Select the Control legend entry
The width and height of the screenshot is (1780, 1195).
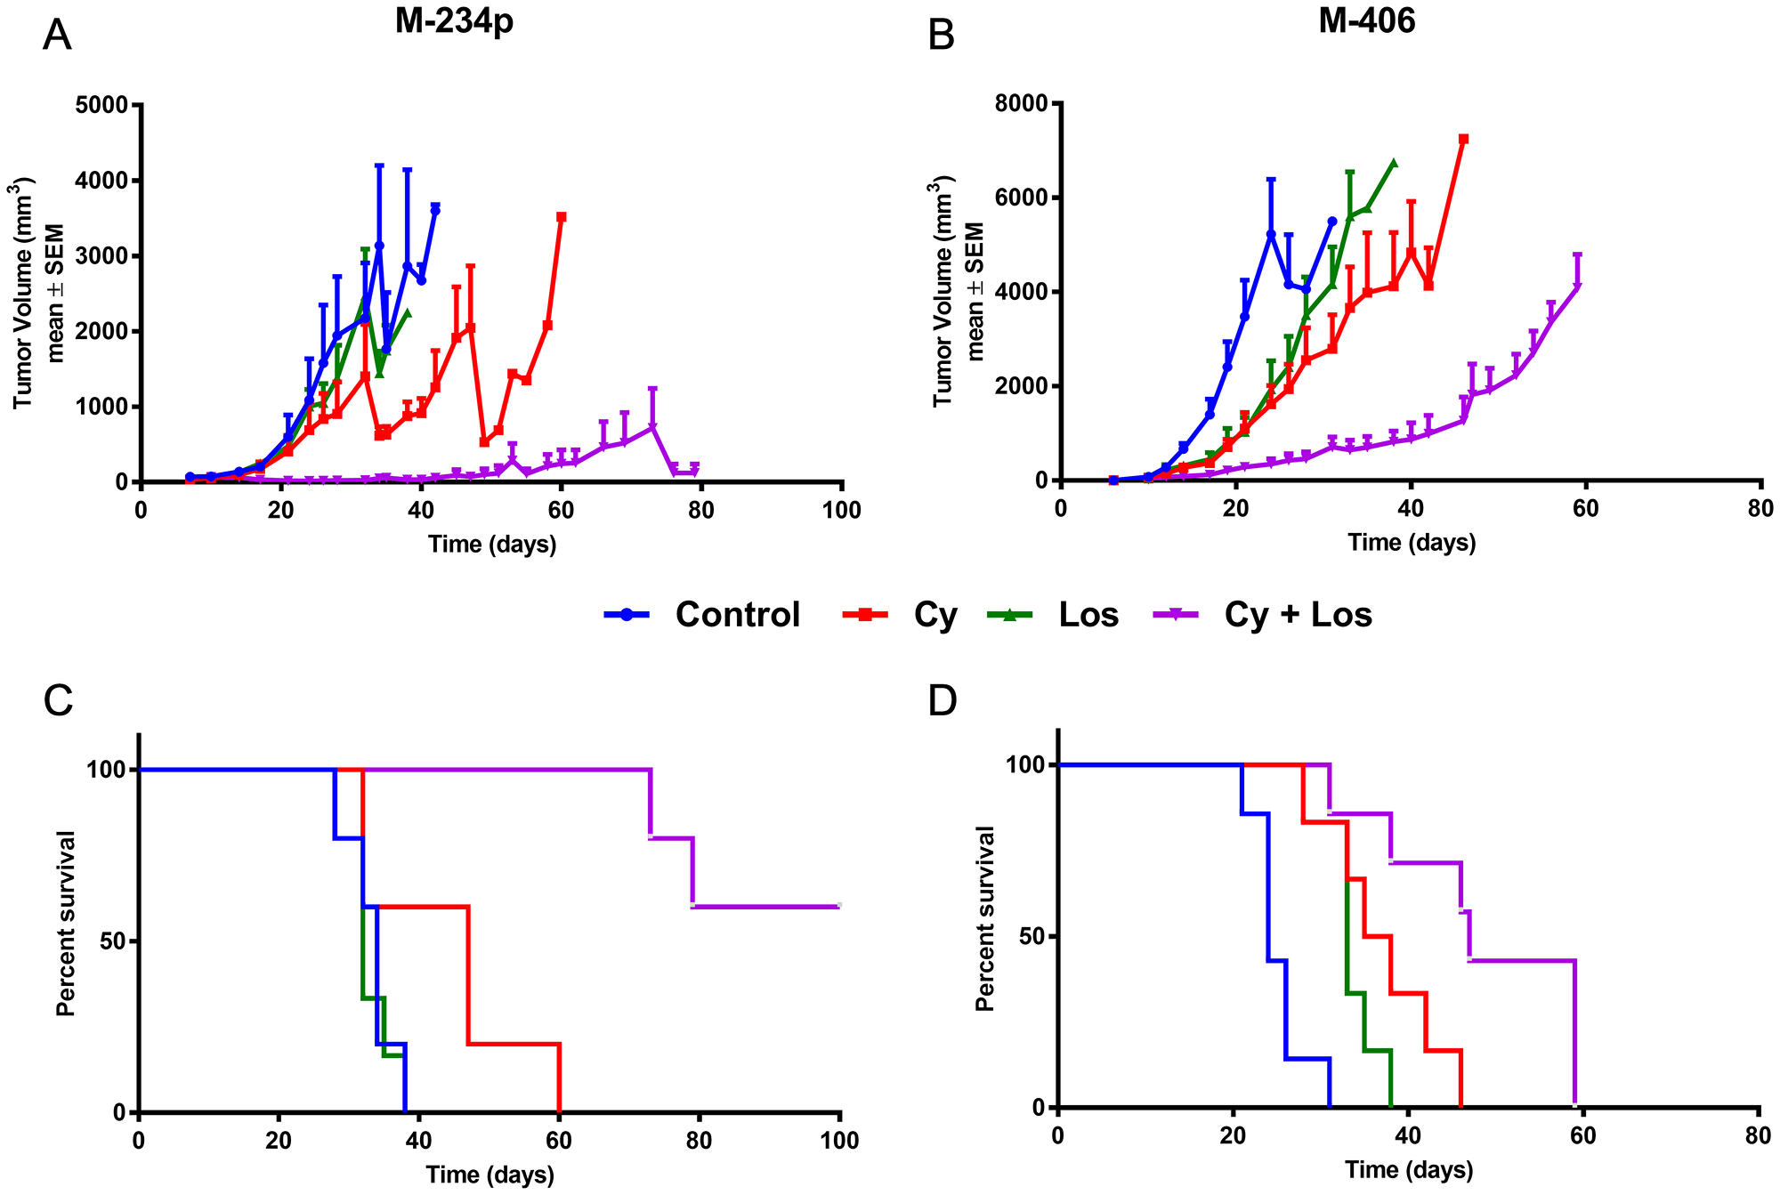pyautogui.click(x=703, y=615)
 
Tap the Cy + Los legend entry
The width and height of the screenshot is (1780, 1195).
pyautogui.click(x=1264, y=615)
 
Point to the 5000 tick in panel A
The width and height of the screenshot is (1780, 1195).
pyautogui.click(x=103, y=105)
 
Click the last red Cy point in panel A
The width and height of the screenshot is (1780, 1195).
pyautogui.click(x=562, y=216)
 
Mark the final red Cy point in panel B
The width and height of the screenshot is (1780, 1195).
pyautogui.click(x=1463, y=139)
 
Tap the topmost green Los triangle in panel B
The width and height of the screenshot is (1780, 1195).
pyautogui.click(x=1394, y=164)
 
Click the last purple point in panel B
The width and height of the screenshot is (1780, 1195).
pyautogui.click(x=1577, y=286)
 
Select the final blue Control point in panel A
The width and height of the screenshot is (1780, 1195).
pyautogui.click(x=435, y=210)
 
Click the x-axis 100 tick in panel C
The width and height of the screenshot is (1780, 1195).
pyautogui.click(x=840, y=1141)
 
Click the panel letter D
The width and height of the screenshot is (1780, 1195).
pyautogui.click(x=942, y=701)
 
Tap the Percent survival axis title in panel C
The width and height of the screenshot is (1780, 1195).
pyautogui.click(x=66, y=923)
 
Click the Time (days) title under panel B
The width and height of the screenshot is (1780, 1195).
pyautogui.click(x=1412, y=543)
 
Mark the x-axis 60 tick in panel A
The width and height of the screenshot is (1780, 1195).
pyautogui.click(x=562, y=510)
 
